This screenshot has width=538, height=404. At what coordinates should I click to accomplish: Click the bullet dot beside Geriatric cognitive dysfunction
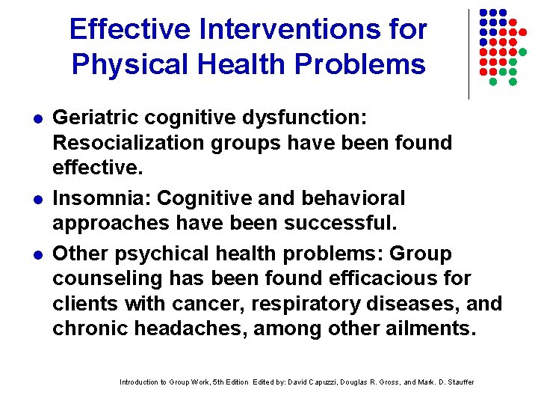coord(37,118)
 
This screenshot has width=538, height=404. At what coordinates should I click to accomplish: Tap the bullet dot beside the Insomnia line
coord(37,199)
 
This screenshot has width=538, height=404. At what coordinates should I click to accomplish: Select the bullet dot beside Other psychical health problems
coord(37,254)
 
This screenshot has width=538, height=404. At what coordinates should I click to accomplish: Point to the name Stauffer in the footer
coord(457,382)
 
